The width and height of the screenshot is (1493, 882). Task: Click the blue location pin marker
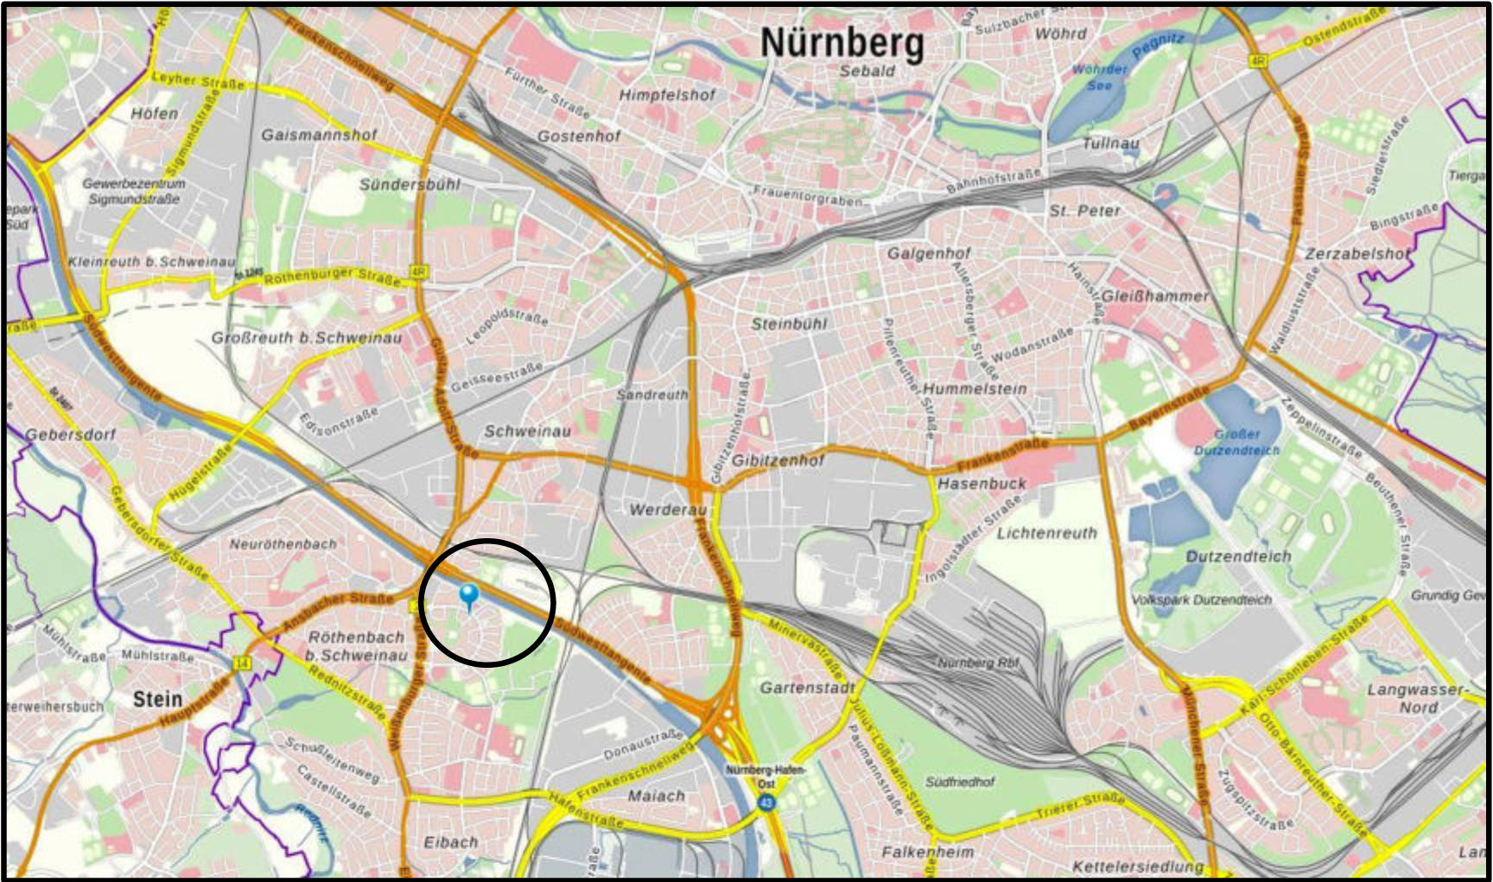[469, 595]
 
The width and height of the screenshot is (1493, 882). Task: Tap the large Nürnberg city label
[842, 42]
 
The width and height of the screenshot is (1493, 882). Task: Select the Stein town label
[157, 699]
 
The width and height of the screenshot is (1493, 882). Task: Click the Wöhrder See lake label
[1100, 78]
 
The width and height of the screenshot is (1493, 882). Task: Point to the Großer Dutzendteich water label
[1236, 442]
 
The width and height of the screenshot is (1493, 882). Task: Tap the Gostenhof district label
[579, 136]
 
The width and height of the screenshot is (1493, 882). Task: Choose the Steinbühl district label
[789, 324]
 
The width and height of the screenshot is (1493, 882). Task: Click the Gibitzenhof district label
[778, 460]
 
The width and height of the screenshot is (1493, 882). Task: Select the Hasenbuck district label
[982, 484]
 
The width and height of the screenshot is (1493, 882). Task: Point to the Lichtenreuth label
[1046, 533]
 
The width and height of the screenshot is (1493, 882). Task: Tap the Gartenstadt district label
[807, 688]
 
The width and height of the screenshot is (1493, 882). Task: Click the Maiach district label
[656, 796]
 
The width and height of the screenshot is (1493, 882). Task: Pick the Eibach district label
[451, 842]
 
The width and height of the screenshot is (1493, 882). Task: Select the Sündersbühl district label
[410, 185]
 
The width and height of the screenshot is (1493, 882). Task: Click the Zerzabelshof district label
[1356, 254]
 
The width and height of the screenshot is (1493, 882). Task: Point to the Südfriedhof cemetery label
[960, 782]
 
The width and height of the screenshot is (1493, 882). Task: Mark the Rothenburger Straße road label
[333, 277]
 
